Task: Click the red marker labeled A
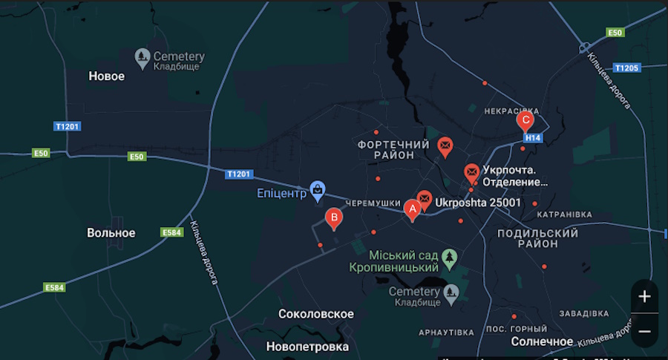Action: [412, 210]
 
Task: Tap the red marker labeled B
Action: [334, 217]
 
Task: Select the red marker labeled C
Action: [525, 120]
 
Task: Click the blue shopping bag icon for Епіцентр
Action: [318, 191]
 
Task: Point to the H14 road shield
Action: [532, 138]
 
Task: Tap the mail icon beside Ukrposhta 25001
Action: [424, 199]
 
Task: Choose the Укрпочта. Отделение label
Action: [515, 175]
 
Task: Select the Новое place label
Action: [107, 76]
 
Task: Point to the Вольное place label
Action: [111, 232]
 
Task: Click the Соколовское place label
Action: [315, 314]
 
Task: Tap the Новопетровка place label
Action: [307, 347]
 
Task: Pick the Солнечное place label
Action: [542, 341]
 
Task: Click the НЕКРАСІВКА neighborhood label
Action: [511, 111]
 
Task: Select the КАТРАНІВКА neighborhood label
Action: [564, 215]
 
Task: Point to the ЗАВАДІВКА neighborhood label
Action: [584, 312]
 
